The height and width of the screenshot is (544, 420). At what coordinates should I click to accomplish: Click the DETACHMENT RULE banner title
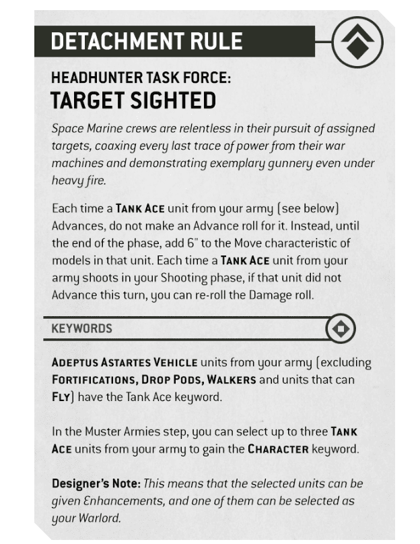click(147, 41)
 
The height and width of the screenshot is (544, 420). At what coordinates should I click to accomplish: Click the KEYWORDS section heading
click(82, 328)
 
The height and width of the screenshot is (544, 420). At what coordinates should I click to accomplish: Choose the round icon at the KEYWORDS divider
click(340, 328)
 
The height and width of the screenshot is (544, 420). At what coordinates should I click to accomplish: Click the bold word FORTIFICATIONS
click(92, 380)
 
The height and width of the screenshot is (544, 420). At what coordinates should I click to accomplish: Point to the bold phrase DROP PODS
click(171, 380)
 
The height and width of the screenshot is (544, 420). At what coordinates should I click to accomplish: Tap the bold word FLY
click(61, 397)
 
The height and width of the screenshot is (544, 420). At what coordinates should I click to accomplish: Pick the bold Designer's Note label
click(92, 484)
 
